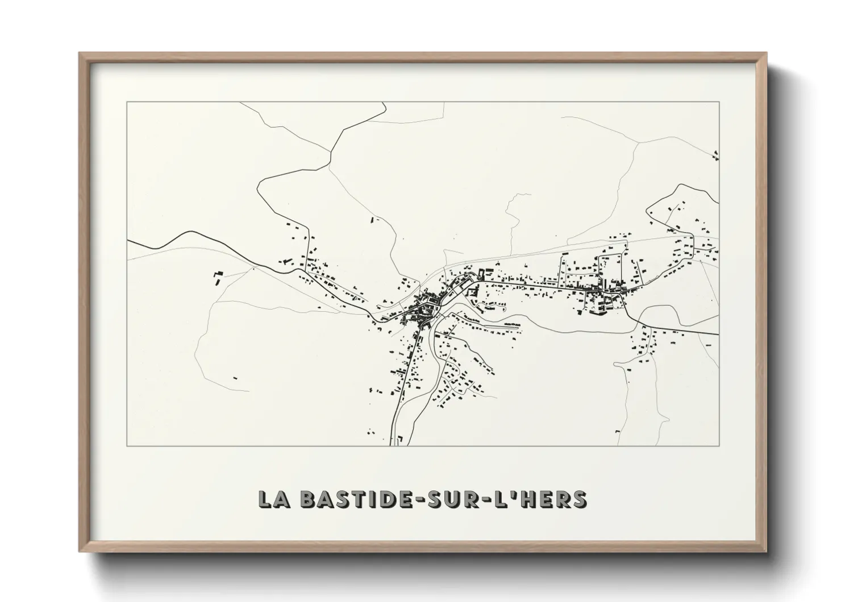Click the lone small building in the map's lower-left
(235, 377)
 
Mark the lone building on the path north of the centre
(373, 219)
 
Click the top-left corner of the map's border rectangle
(127, 102)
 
